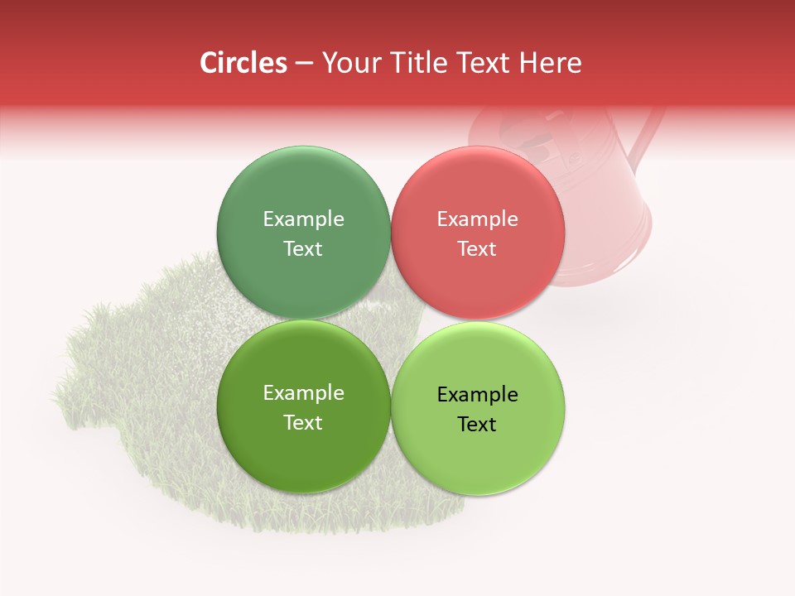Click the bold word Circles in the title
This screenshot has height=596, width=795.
[243, 63]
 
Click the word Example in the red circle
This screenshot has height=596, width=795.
[477, 219]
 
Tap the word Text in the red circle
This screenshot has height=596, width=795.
[477, 249]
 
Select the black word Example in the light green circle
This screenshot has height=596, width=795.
[477, 395]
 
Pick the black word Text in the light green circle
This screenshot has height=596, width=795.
[477, 425]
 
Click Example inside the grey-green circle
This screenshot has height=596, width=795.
[303, 219]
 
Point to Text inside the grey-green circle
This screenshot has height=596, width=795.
[303, 249]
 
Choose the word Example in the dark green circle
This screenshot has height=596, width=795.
[303, 393]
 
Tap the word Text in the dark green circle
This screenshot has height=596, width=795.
[303, 423]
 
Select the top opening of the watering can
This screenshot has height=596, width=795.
[530, 132]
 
